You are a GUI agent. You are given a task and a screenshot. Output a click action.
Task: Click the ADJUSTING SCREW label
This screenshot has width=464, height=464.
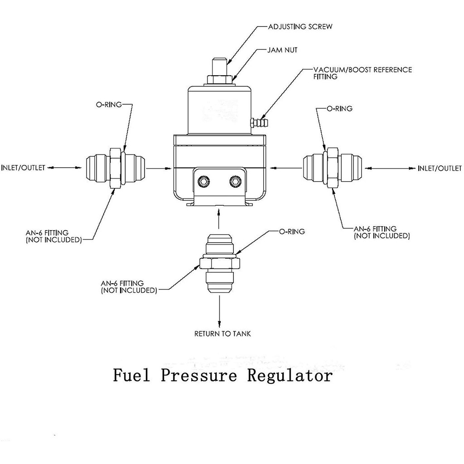point(300,27)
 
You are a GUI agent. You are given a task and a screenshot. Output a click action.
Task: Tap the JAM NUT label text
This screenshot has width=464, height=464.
point(282,50)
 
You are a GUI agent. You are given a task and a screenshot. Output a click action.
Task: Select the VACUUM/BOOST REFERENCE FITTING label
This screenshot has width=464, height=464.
point(362,73)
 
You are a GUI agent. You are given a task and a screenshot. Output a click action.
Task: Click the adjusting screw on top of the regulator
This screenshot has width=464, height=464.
point(219,67)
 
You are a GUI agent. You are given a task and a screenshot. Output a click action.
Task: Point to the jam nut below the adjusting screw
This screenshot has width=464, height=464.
point(219,80)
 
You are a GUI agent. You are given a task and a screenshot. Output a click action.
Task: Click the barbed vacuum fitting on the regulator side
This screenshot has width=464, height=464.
point(260,122)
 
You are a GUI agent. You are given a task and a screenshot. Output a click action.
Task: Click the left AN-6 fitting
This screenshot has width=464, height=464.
point(115,168)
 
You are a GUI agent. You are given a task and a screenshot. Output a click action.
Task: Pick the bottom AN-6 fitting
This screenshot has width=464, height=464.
point(220,264)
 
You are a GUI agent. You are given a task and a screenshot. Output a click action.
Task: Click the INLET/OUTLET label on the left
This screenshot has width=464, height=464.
point(23,168)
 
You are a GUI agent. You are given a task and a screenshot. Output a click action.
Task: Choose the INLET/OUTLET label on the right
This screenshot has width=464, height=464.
point(440,169)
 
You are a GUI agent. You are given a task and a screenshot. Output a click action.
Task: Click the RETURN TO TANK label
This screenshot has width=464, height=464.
point(222,334)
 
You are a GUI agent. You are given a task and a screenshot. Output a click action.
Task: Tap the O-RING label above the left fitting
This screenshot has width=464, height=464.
point(109,105)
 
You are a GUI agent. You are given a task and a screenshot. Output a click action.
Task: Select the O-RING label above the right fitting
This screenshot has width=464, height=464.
point(339,109)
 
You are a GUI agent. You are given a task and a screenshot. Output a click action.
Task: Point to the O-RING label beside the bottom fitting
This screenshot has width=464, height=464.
point(292,232)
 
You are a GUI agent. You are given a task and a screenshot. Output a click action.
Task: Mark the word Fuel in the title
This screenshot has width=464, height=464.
point(131,375)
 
